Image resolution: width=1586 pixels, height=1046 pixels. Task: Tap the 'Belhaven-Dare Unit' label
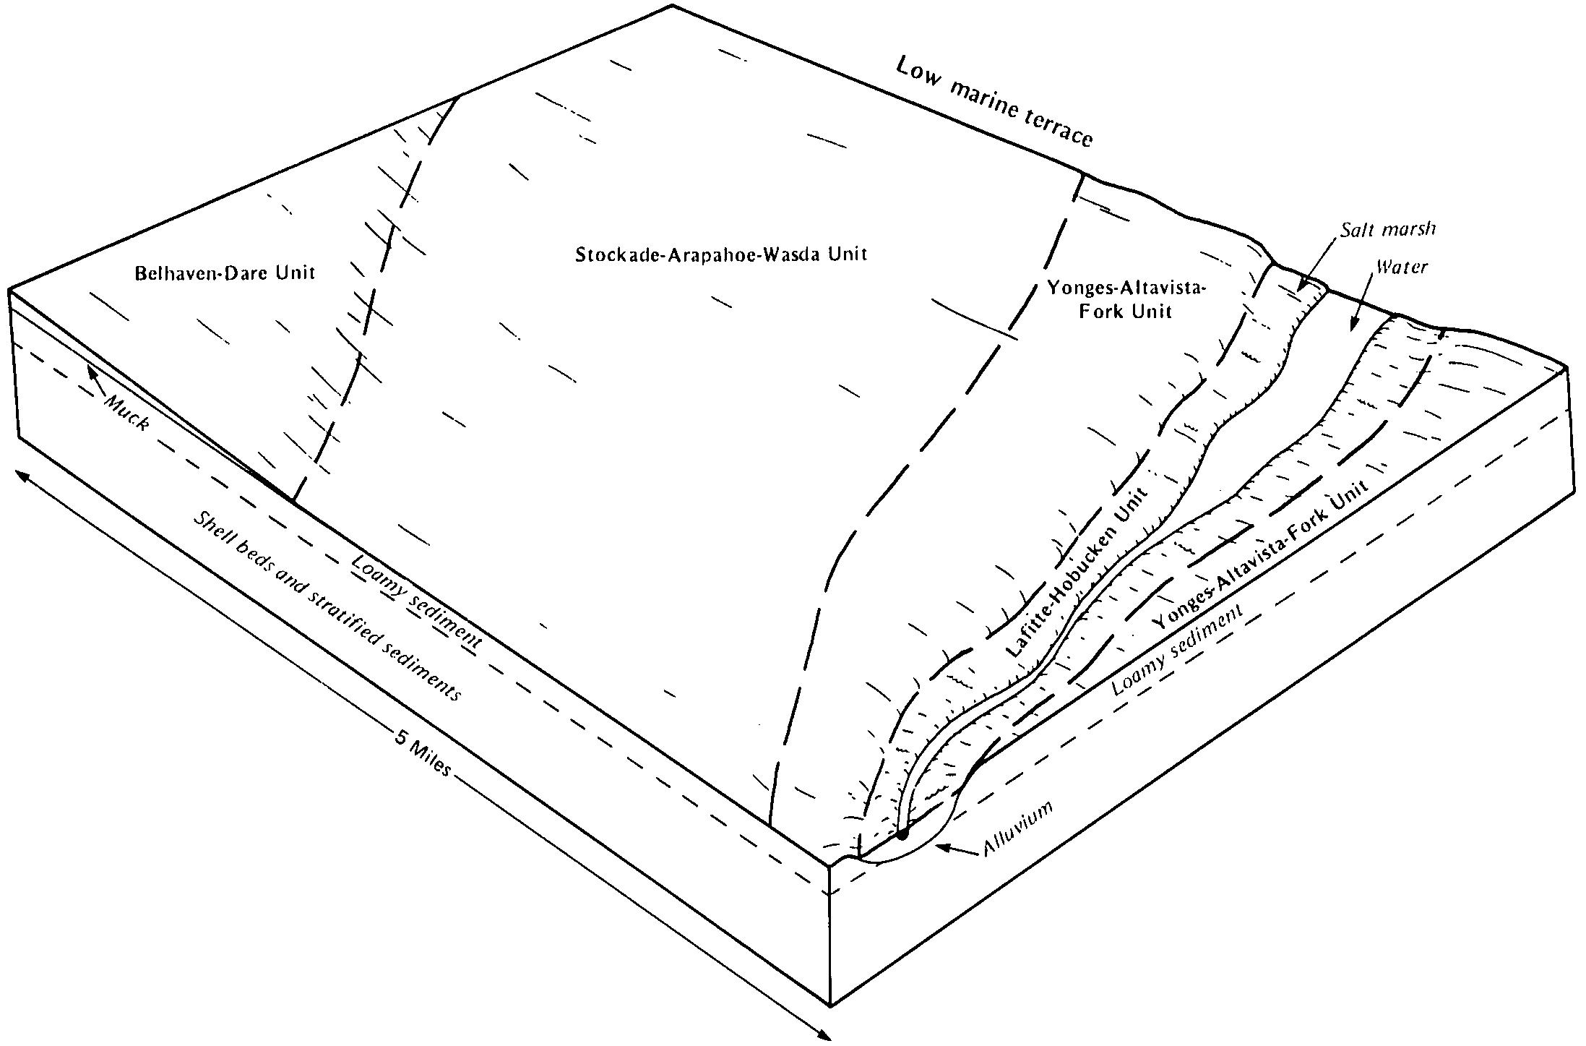coord(225,273)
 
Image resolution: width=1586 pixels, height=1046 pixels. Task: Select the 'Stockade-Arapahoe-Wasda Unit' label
coord(720,254)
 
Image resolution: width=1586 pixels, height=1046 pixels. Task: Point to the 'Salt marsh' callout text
coord(1388,230)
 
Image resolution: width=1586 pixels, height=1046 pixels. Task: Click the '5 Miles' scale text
coord(423,753)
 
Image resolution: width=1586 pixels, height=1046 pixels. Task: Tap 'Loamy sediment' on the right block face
coord(1177,650)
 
